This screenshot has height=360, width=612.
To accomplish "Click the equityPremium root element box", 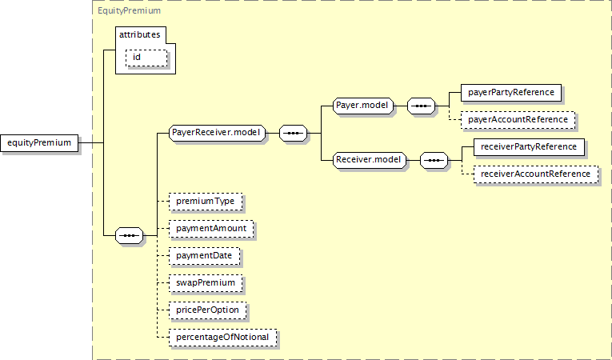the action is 39,143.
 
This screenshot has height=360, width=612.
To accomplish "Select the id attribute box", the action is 146,58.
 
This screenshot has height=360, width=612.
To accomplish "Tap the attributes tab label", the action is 140,34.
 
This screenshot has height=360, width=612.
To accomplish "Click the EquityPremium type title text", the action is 129,10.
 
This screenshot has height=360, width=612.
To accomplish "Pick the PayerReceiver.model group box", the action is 217,133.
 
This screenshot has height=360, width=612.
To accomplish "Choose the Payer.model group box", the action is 363,106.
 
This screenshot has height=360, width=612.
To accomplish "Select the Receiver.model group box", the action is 370,160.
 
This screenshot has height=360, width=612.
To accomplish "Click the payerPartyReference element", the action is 511,93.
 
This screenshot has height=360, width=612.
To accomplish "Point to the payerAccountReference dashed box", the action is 518,120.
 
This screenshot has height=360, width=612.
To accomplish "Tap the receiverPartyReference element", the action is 530,147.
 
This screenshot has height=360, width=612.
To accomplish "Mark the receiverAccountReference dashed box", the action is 536,174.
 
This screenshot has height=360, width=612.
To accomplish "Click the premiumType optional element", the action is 206,202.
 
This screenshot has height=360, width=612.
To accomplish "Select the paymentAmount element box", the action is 211,229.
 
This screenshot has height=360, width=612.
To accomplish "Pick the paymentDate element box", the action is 205,256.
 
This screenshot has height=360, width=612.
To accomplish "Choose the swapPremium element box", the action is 206,283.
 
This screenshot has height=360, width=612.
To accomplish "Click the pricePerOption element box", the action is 208,310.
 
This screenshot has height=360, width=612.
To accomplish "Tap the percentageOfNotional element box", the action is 223,338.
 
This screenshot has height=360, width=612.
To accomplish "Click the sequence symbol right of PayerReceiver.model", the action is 293,133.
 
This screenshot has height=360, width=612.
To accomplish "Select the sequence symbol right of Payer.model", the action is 421,106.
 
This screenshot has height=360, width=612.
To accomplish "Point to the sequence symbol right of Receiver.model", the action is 434,160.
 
